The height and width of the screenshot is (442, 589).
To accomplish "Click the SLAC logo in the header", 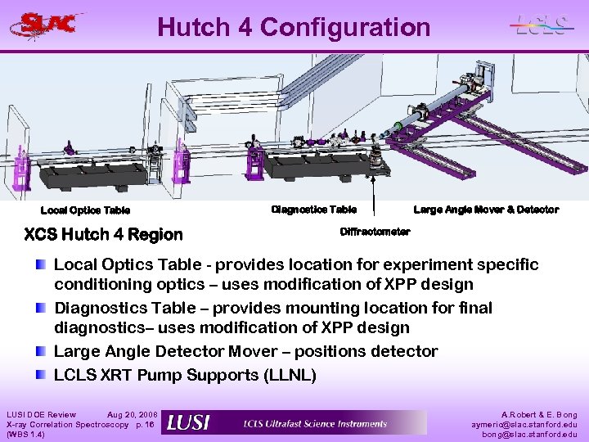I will click(x=47, y=25).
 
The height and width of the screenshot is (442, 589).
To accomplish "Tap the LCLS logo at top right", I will click(x=540, y=25).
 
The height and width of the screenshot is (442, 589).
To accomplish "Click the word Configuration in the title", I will click(x=344, y=27).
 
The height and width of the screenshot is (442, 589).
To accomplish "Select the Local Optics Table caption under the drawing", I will click(x=85, y=210).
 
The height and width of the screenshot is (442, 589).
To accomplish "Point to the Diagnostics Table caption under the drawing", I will click(x=313, y=210).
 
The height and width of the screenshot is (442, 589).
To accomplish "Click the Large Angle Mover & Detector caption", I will click(x=486, y=210).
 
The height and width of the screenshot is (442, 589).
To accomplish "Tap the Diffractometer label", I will click(x=375, y=232).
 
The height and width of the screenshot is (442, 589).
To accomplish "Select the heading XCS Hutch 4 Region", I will click(x=104, y=235).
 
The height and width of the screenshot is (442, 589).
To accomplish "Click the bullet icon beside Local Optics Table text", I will click(x=42, y=264).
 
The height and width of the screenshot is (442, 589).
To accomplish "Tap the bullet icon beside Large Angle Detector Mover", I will click(x=42, y=351).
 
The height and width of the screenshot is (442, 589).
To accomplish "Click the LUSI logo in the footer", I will click(x=188, y=422).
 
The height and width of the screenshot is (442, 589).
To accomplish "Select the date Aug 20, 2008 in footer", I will click(x=133, y=415).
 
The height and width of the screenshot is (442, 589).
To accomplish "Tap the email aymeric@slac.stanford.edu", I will click(x=524, y=425).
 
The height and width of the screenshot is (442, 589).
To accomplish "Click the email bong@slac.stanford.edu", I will click(x=529, y=435).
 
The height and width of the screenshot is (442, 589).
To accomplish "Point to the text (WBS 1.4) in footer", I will click(x=25, y=435).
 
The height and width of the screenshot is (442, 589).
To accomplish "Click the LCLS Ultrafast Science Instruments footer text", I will click(x=315, y=423).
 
